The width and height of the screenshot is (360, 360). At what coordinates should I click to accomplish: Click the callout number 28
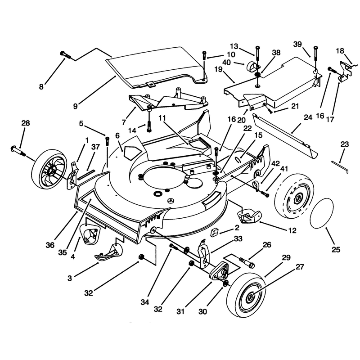pyautogui.click(x=26, y=123)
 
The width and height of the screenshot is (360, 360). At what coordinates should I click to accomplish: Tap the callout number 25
pyautogui.click(x=336, y=250)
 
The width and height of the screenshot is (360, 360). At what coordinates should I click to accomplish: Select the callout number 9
pyautogui.click(x=76, y=106)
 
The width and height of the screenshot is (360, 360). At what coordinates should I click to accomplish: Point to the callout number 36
pyautogui.click(x=50, y=245)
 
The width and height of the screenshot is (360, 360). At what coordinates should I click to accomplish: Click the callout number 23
pyautogui.click(x=345, y=144)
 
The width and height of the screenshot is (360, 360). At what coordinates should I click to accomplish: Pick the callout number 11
pyautogui.click(x=162, y=118)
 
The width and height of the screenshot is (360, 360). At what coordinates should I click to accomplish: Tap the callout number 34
pyautogui.click(x=145, y=302)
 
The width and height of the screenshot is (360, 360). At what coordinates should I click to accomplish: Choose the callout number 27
pyautogui.click(x=300, y=267)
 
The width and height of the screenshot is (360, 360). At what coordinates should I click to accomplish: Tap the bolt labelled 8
pyautogui.click(x=66, y=55)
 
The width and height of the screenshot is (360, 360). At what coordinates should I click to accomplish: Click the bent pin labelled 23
pyautogui.click(x=340, y=166)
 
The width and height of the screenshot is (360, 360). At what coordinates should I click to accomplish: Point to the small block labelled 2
pyautogui.click(x=214, y=232)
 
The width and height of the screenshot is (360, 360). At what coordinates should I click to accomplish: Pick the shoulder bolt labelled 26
pyautogui.click(x=247, y=263)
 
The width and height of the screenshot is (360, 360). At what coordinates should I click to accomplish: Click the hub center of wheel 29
pyautogui.click(x=250, y=298)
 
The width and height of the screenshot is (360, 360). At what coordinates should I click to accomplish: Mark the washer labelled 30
pyautogui.click(x=225, y=283)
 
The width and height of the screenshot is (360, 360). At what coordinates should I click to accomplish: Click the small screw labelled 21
pyautogui.click(x=270, y=111)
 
